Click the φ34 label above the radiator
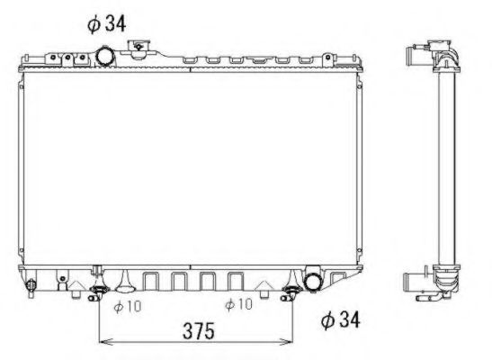point(106,22)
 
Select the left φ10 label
point(130,305)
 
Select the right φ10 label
point(238,305)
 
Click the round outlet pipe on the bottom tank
point(315,281)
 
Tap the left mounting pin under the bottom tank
point(99,291)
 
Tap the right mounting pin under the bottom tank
point(291,291)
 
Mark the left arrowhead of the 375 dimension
point(103,340)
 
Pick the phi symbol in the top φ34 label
point(94,23)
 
